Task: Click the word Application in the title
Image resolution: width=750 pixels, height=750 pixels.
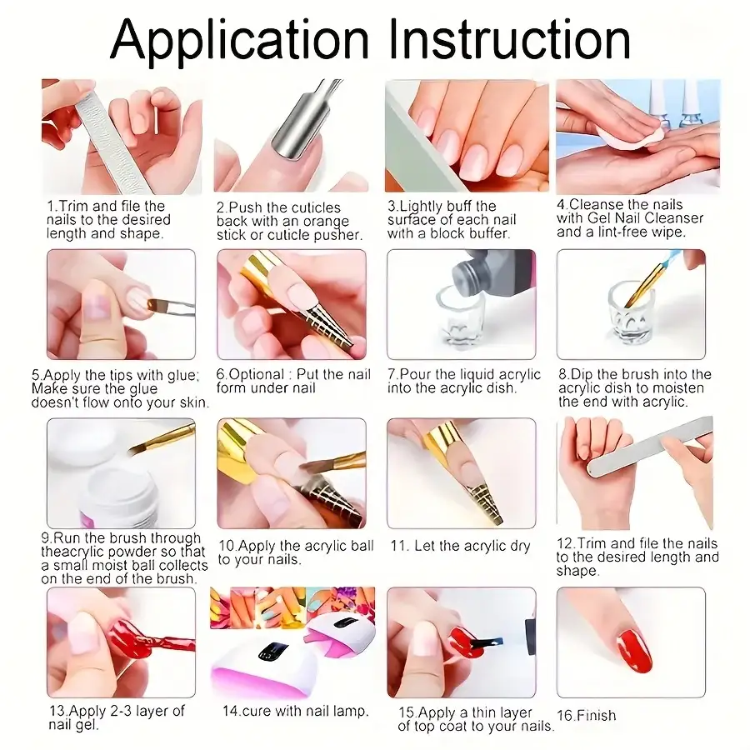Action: click(239, 39)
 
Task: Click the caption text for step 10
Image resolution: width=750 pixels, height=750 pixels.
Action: click(294, 552)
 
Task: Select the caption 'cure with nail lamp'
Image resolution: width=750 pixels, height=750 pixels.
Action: click(295, 712)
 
